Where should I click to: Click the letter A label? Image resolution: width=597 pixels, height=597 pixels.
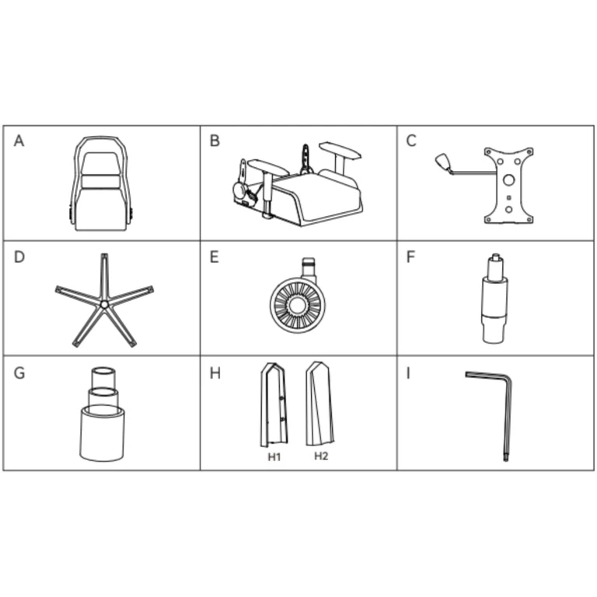point(19,141)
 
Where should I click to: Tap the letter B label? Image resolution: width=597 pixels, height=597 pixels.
point(215,141)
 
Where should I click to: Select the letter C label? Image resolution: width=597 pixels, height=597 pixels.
point(411,141)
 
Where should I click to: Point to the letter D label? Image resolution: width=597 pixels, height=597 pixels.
point(19,257)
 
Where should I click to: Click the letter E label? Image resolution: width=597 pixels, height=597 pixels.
point(215,257)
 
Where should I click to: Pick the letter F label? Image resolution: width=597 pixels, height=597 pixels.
point(410,257)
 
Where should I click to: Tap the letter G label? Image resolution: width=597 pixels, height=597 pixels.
point(19,373)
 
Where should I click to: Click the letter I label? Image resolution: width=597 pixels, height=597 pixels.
point(408,373)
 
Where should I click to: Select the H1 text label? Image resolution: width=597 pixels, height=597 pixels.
point(274,457)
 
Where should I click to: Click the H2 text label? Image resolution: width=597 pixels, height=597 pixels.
point(321,456)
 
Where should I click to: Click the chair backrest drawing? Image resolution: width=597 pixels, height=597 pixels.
point(100,183)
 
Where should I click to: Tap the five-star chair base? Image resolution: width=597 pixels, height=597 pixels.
point(104,301)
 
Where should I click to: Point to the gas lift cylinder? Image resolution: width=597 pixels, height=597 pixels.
point(494,298)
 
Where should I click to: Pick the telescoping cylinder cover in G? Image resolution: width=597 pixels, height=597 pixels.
point(102,414)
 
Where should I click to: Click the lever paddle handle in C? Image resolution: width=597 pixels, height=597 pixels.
point(443,161)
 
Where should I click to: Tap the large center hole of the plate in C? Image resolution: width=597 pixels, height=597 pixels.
point(508,180)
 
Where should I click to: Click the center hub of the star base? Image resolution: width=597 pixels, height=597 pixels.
point(104,304)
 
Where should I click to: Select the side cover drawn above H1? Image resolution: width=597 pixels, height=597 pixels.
point(274,404)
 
